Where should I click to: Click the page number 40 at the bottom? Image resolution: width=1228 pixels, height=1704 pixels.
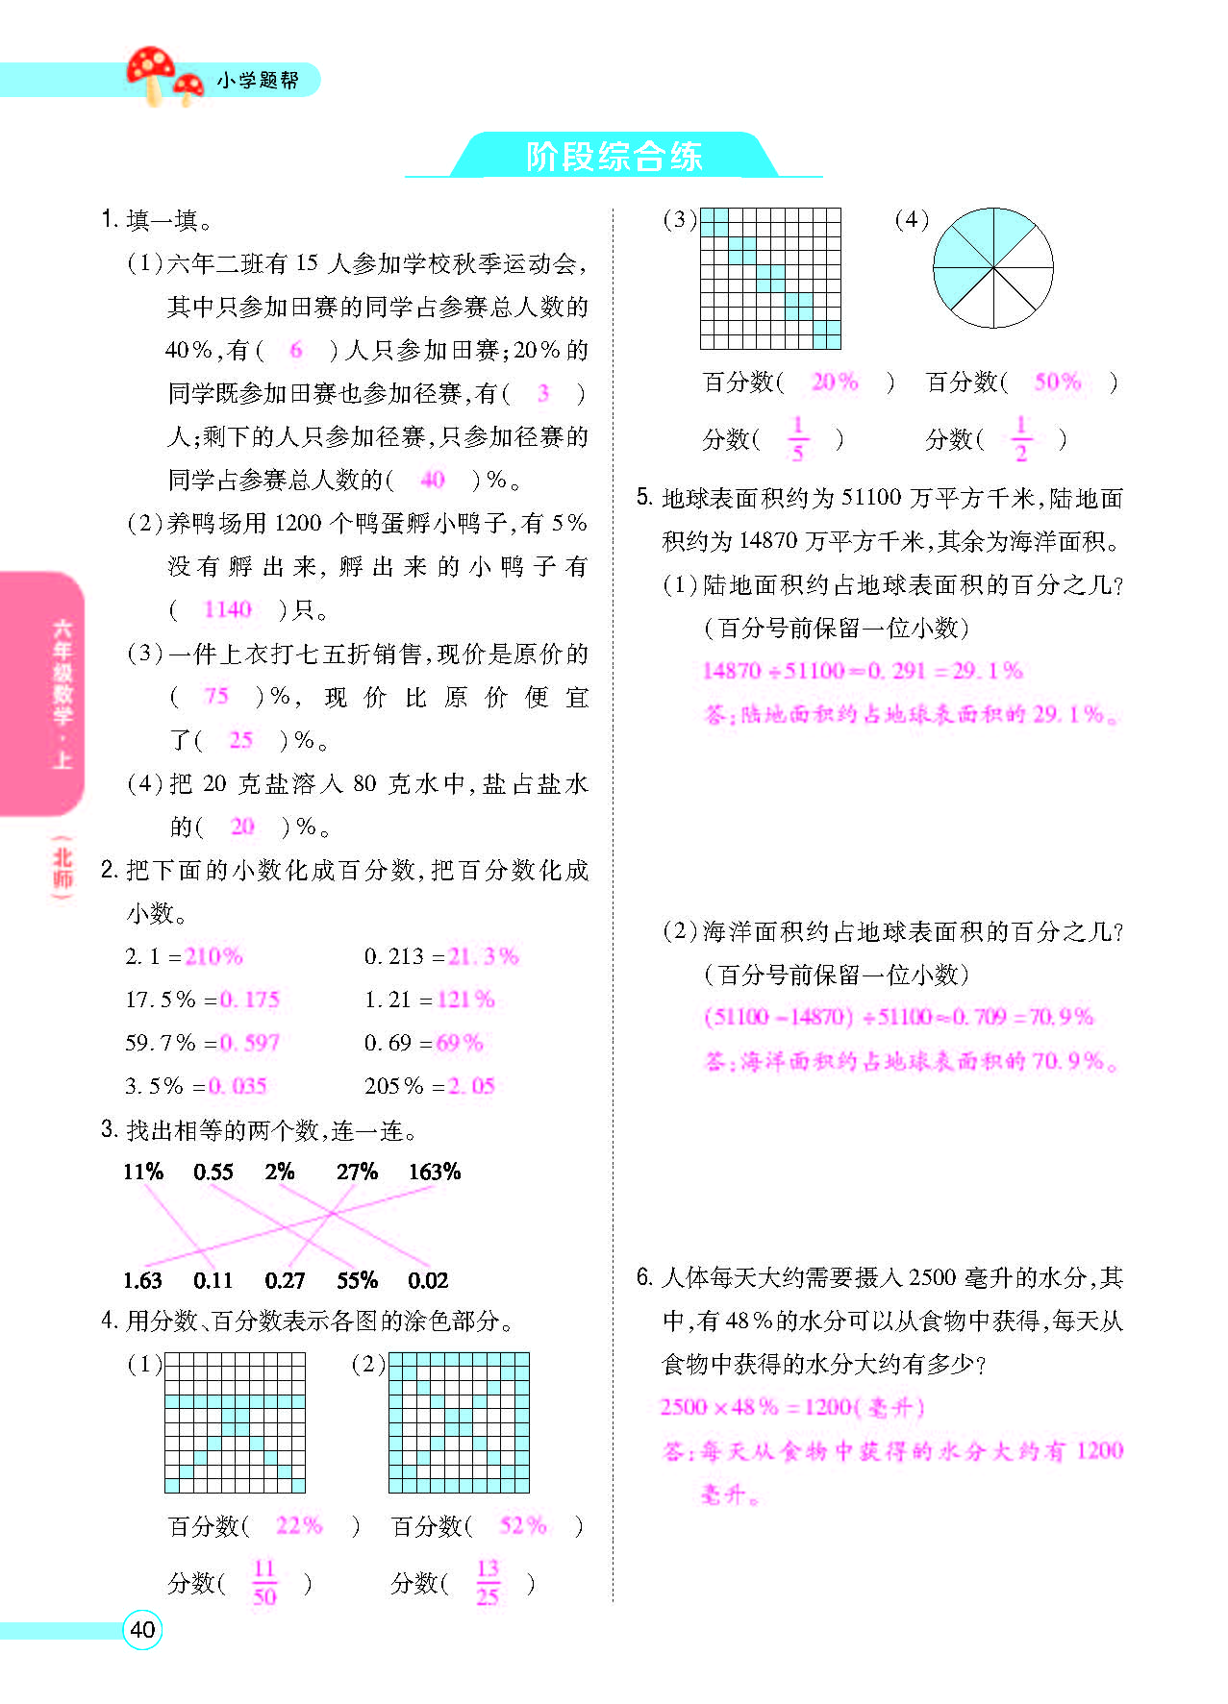click(x=142, y=1629)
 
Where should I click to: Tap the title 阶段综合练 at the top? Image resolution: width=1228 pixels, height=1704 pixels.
click(x=614, y=157)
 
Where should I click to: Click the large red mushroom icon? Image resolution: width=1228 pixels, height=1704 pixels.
click(x=151, y=71)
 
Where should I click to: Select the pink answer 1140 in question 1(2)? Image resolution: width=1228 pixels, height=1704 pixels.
click(x=227, y=609)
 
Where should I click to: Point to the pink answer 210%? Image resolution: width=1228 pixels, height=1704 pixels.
click(x=213, y=956)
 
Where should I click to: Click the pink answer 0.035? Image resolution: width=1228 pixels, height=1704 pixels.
click(x=238, y=1086)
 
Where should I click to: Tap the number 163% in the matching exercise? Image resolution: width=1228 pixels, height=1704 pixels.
click(x=434, y=1172)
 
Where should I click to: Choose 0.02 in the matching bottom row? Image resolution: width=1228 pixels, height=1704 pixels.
click(x=428, y=1280)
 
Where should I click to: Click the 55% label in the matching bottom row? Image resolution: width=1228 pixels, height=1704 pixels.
click(x=357, y=1280)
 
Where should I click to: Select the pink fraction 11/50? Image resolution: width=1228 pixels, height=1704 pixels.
click(x=264, y=1583)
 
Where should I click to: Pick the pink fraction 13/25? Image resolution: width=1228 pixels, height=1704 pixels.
click(x=488, y=1583)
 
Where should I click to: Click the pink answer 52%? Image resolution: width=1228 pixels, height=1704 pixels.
click(x=522, y=1525)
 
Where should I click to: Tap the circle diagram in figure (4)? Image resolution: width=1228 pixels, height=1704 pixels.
click(x=992, y=269)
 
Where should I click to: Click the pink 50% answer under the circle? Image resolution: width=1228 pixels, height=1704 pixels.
click(x=1057, y=383)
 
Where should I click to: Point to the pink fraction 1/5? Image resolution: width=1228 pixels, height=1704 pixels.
click(x=797, y=439)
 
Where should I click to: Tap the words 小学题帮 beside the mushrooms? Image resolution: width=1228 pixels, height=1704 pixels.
click(x=257, y=81)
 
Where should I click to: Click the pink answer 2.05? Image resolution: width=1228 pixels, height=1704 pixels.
click(x=471, y=1086)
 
